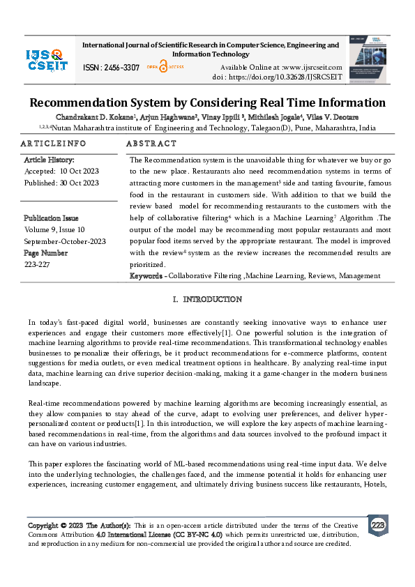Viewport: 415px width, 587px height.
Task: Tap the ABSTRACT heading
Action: coord(151,143)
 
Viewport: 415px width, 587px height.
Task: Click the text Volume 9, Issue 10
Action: coord(54,229)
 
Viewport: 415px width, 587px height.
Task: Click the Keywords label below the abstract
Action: coord(146,276)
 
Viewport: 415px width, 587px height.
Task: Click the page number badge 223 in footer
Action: coord(378,525)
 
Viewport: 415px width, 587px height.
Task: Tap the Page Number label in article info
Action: coord(45,253)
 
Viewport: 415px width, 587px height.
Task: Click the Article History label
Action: coord(52,160)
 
